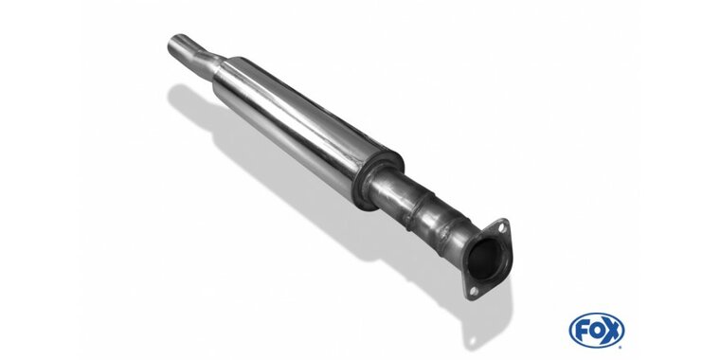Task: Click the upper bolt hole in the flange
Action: [x=501, y=226]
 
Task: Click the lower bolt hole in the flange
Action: [x=474, y=291]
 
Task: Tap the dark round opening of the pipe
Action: [x=483, y=259]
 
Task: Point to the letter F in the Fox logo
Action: [x=581, y=330]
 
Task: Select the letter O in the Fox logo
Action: [x=596, y=330]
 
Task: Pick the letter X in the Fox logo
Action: [x=612, y=330]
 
